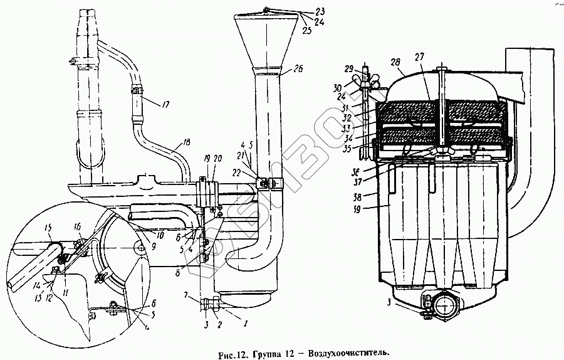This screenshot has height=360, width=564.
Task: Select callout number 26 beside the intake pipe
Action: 296,70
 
